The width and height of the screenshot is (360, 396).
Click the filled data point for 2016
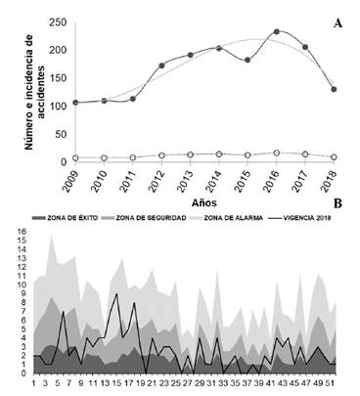pos(277,32)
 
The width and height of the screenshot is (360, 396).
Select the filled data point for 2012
pos(162,66)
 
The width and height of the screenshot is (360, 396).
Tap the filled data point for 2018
pos(335,89)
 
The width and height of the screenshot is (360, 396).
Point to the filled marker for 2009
pos(76,102)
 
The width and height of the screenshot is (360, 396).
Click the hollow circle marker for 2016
pos(277,153)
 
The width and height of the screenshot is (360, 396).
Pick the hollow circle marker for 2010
pos(105,157)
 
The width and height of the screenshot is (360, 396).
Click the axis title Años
pos(203,200)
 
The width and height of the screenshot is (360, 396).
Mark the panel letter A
pos(337,22)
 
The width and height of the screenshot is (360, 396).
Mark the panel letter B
pos(337,203)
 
